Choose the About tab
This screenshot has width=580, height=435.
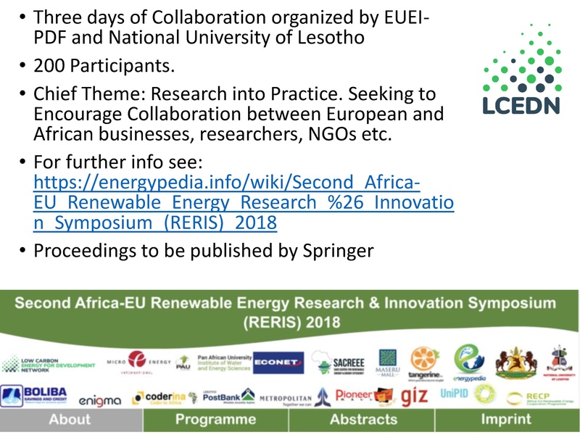(70, 419)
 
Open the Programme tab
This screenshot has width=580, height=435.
(216, 419)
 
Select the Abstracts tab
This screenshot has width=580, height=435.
(363, 419)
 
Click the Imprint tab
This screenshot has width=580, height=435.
(505, 419)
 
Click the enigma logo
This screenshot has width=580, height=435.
(99, 399)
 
